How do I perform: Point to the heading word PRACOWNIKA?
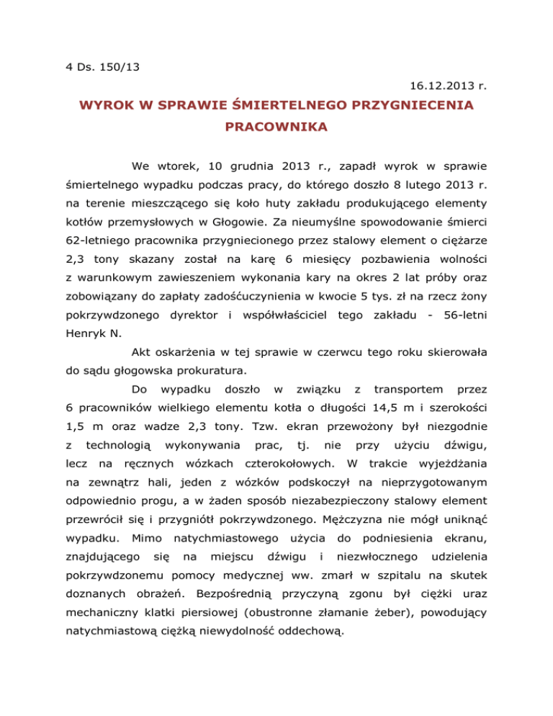(x=276, y=130)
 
